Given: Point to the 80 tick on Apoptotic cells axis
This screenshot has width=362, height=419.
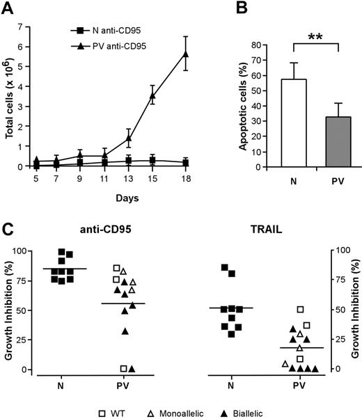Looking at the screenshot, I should click(264, 45).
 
